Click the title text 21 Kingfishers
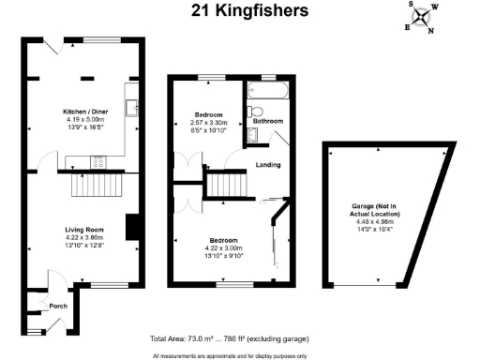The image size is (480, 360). click(x=239, y=11)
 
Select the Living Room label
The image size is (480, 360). click(x=82, y=230)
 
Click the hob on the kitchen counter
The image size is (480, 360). click(x=97, y=161)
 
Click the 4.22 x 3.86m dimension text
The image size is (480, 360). click(x=82, y=238)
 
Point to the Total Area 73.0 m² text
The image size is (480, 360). click(x=229, y=338)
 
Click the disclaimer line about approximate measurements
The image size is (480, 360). click(x=230, y=354)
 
